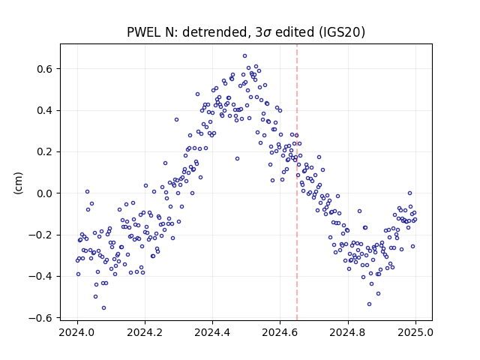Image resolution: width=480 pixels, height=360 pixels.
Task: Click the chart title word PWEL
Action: point(144,32)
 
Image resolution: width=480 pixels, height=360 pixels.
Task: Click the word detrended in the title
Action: point(214,32)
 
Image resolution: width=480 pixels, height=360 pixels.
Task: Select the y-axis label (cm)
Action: point(19,183)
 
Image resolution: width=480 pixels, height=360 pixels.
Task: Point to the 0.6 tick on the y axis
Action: point(44,69)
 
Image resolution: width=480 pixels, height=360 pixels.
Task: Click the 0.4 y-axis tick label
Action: point(44,110)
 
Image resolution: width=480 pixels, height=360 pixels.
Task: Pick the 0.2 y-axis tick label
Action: point(44,151)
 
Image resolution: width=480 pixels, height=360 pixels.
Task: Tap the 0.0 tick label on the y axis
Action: point(44,193)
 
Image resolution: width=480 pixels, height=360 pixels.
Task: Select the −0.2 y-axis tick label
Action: point(40,235)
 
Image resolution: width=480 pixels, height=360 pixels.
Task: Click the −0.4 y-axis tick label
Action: point(40,277)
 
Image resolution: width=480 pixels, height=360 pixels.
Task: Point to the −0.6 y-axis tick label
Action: point(40,318)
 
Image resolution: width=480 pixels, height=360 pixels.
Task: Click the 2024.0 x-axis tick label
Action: point(77,332)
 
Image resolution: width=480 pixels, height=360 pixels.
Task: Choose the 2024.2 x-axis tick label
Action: point(145,332)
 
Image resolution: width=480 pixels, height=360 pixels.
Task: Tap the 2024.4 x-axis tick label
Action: point(212,332)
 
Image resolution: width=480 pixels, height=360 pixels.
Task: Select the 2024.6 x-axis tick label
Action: point(280,332)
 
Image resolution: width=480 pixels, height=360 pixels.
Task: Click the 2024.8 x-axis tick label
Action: point(348,332)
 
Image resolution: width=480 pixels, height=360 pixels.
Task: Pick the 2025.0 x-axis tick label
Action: point(415,332)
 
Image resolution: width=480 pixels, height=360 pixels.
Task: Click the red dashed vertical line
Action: point(297,182)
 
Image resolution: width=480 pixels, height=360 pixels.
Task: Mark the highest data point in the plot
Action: point(245,56)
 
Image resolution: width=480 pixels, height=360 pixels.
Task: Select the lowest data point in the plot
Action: point(103,308)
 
